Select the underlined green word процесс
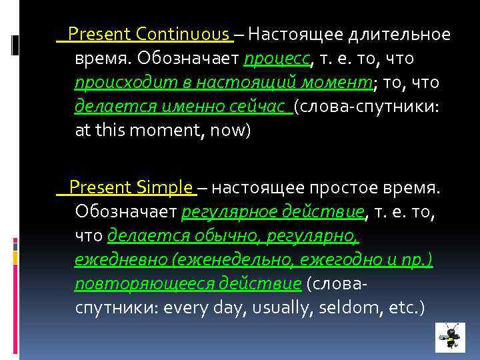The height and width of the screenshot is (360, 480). pyautogui.click(x=277, y=59)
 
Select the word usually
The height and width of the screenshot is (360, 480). pyautogui.click(x=289, y=308)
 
